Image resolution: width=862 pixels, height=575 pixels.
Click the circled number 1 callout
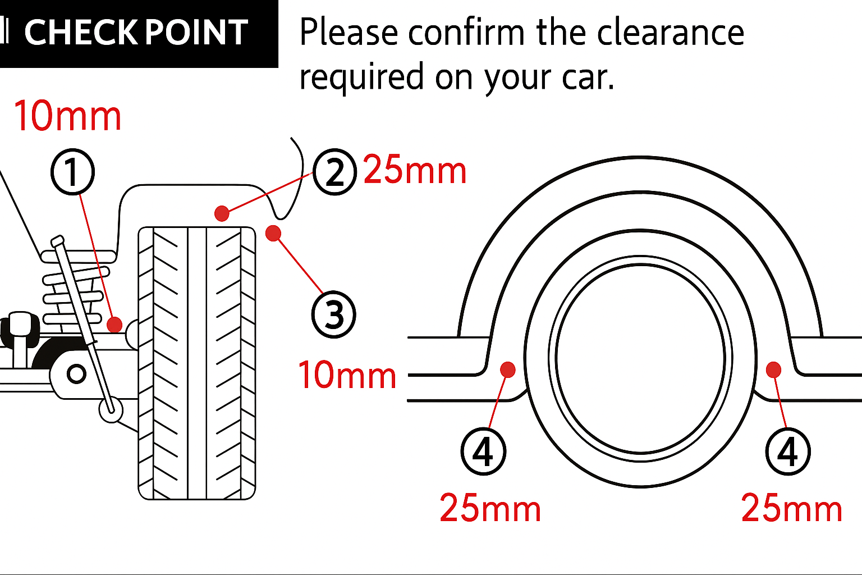click(x=72, y=172)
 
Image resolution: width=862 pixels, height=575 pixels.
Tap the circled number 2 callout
click(x=334, y=172)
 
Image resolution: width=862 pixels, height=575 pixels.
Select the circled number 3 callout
click(x=333, y=314)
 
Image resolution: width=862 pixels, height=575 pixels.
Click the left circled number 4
click(x=483, y=451)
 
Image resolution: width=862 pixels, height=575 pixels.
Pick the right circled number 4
click(x=788, y=451)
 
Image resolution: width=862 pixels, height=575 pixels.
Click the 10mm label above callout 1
click(x=67, y=117)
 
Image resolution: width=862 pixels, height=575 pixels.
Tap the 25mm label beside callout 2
click(x=415, y=170)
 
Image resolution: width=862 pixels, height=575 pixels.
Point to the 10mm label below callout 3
click(x=347, y=375)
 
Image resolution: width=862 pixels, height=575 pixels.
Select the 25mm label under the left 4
click(x=490, y=509)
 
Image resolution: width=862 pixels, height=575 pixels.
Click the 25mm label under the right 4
click(x=792, y=509)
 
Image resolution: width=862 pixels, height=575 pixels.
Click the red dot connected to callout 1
click(x=114, y=325)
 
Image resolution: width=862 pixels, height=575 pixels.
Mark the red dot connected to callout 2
click(x=222, y=213)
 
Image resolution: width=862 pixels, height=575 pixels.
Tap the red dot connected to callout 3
click(x=273, y=233)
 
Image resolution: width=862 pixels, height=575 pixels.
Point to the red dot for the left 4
click(x=508, y=369)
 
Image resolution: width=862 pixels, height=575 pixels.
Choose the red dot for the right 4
click(x=773, y=369)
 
